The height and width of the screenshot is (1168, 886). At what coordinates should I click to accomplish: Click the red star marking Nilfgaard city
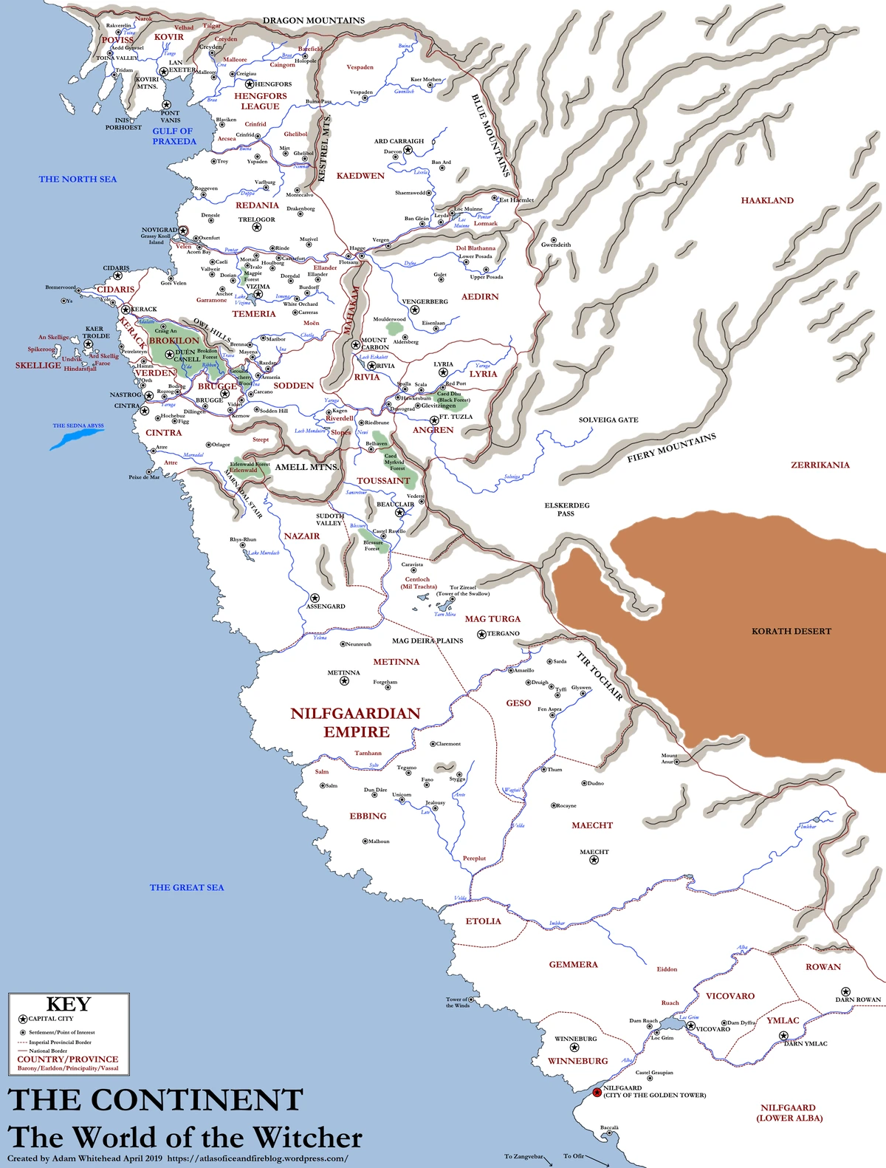tap(597, 1092)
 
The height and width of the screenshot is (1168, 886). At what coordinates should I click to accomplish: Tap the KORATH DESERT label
tap(791, 632)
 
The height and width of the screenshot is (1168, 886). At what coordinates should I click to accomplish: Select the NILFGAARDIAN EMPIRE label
tap(355, 723)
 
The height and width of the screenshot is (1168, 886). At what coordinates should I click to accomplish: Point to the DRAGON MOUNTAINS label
tap(314, 21)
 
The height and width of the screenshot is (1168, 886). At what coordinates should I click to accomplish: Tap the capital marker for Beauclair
tap(399, 512)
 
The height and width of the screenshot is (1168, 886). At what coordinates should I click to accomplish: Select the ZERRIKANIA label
tap(820, 465)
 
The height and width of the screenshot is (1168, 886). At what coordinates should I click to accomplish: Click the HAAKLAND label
tap(767, 201)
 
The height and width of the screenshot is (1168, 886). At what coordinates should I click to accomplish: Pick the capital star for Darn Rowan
tap(845, 991)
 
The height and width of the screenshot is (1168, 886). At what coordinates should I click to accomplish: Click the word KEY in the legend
tap(69, 1005)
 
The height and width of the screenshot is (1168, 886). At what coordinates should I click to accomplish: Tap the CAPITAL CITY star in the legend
tap(23, 1019)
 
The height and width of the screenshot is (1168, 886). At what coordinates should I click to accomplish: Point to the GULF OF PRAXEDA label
tap(174, 137)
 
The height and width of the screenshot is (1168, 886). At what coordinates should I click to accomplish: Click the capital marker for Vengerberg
tap(415, 310)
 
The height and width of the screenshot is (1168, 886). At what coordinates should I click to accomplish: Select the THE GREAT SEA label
tap(186, 888)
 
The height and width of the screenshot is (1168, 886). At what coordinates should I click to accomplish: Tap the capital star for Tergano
tap(481, 634)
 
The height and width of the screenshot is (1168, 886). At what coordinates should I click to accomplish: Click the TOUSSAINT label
tap(383, 481)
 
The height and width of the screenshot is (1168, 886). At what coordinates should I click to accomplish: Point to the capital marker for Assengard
tap(315, 598)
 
